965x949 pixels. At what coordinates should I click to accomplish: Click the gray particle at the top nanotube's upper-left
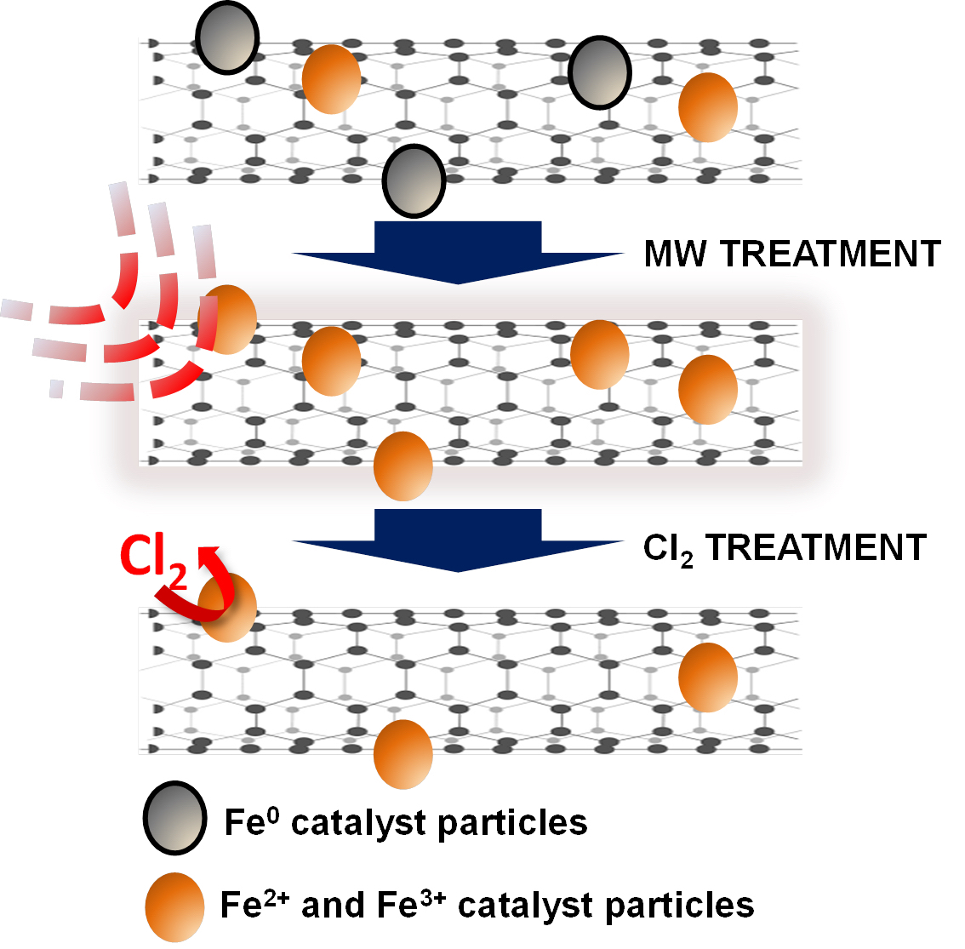click(x=227, y=38)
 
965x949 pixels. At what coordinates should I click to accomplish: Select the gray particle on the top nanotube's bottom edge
click(x=414, y=180)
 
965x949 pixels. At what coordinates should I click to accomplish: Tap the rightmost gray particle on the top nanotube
click(x=600, y=72)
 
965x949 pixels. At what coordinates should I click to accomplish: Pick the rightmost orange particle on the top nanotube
click(x=707, y=107)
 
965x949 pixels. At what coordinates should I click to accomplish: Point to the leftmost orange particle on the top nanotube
click(x=331, y=78)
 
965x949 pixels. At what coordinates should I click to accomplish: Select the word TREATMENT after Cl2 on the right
click(x=815, y=547)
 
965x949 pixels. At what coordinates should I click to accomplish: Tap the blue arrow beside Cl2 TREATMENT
click(x=458, y=539)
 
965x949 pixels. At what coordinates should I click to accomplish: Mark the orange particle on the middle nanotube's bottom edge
click(x=403, y=466)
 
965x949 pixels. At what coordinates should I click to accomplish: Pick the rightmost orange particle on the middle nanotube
click(x=707, y=389)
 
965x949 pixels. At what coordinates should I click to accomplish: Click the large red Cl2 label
click(x=153, y=562)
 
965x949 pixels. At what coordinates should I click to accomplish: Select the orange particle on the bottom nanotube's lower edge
click(x=403, y=754)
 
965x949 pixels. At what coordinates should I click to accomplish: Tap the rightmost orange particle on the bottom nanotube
click(x=707, y=677)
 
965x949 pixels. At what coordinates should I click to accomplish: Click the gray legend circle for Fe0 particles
click(x=174, y=818)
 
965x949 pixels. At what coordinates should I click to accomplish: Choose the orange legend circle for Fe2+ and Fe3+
click(x=174, y=906)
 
